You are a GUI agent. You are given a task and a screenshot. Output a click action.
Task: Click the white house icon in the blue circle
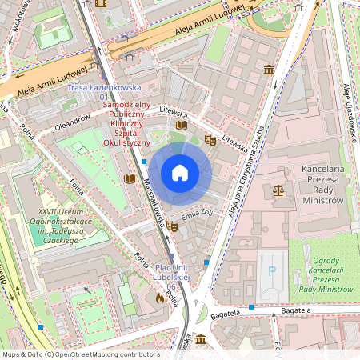180,173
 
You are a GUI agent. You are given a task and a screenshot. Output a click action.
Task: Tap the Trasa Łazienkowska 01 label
104,91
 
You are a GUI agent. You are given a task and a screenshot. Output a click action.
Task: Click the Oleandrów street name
72,125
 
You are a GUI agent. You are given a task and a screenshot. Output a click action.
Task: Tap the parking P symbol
272,271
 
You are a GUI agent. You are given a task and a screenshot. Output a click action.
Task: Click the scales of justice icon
278,190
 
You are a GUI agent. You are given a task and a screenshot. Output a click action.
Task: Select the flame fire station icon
160,298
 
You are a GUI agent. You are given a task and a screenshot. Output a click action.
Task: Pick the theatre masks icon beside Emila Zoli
172,226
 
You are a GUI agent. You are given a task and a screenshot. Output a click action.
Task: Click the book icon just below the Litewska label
182,126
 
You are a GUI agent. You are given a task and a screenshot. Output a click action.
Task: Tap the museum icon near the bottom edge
200,340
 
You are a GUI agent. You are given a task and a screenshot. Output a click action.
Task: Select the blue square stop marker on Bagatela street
251,307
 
